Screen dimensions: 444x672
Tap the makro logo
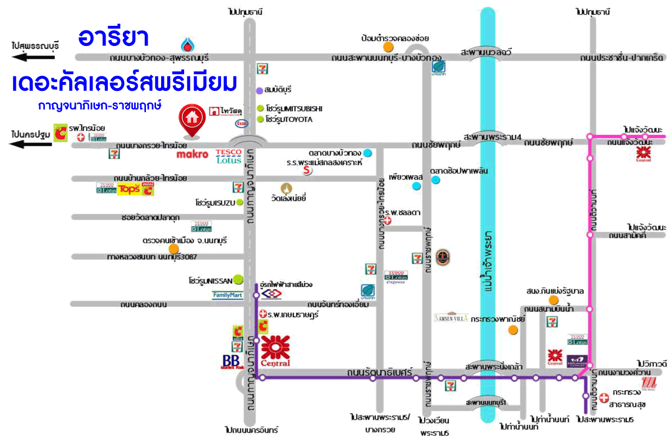[192, 154]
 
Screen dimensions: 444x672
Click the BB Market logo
[230, 361]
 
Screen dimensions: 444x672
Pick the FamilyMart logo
[227, 295]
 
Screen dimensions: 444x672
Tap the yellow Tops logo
[129, 189]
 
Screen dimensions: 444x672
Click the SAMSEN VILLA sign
[451, 317]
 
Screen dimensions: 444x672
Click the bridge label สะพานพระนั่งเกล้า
[491, 366]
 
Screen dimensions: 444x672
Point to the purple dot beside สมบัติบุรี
[259, 90]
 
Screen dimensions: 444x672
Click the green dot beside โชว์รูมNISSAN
[238, 278]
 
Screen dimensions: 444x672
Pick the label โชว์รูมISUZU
[216, 202]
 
